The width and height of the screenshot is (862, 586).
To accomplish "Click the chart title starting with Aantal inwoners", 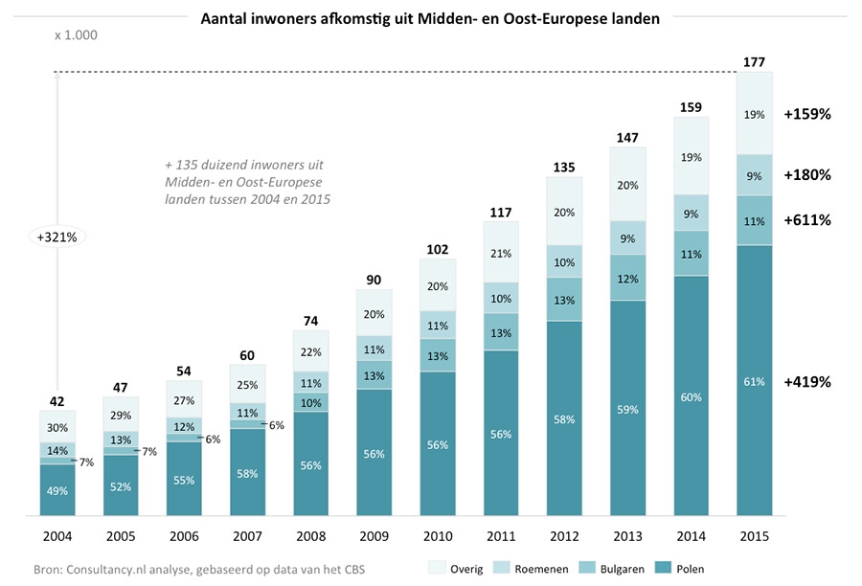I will (430, 18).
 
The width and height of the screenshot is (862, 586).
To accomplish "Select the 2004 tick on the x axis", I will (57, 538).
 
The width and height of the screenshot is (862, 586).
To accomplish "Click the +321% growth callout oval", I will (58, 235).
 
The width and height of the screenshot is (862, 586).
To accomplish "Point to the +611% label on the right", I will (806, 219).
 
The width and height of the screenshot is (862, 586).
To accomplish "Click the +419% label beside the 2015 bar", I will (806, 381).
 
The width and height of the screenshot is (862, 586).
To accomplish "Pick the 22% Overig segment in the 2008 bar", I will (310, 352).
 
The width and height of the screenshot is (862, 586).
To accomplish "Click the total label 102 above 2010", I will (438, 250).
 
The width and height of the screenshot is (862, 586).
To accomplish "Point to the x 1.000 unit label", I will (76, 35).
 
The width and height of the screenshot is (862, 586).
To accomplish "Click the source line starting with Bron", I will (199, 570).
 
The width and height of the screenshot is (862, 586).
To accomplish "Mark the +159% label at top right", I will (806, 113).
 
